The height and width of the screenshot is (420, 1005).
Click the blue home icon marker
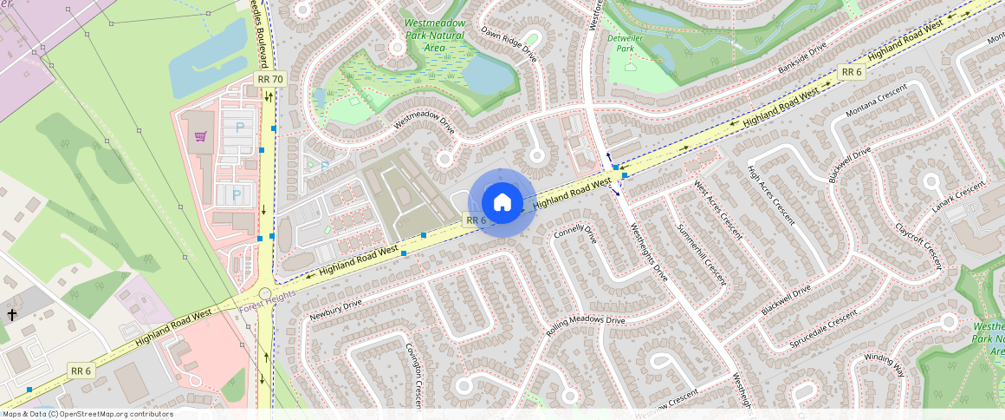pos(502,203)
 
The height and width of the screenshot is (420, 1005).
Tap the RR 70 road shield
pos(270,79)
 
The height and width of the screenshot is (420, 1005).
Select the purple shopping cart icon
pos(201,136)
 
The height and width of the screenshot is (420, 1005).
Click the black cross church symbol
pos(12,314)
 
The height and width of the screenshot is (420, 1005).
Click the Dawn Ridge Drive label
pos(509,47)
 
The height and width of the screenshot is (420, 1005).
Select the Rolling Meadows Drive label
pos(585,325)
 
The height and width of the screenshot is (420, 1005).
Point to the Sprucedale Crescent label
pos(823,330)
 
